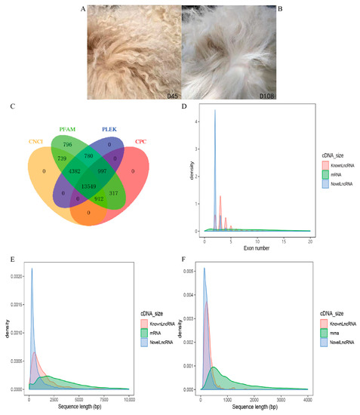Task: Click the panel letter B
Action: click(278, 8)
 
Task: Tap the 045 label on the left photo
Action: click(169, 97)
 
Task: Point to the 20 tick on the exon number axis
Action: click(309, 238)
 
